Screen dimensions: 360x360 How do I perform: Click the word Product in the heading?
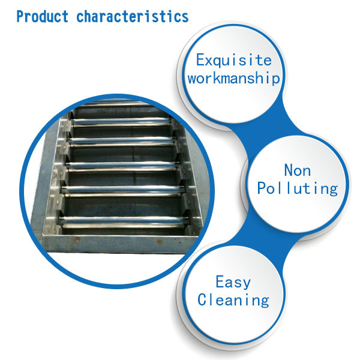(42, 17)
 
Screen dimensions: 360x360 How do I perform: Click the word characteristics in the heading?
(132, 17)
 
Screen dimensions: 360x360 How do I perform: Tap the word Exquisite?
(234, 61)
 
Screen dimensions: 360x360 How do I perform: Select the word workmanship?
(234, 79)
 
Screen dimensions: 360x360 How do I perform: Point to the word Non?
(298, 170)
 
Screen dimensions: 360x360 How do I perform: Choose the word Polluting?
(298, 189)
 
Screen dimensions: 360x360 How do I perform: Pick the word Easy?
(233, 282)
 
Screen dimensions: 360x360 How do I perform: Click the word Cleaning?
(233, 301)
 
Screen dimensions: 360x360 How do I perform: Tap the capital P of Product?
(20, 17)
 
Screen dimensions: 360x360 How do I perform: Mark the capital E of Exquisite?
(200, 59)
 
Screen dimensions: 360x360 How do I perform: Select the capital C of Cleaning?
(202, 299)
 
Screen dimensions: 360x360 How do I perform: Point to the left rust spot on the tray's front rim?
(76, 239)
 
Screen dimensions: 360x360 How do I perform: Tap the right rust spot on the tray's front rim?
(159, 241)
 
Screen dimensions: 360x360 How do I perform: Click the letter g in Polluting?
(334, 190)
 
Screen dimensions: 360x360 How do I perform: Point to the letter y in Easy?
(246, 284)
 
